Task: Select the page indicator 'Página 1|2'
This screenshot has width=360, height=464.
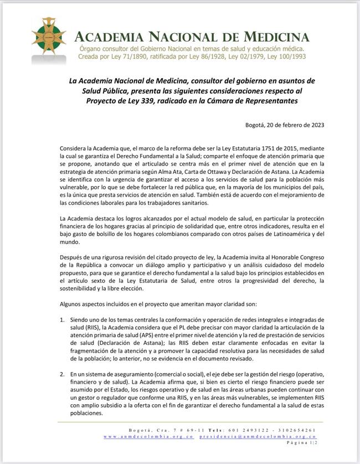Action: click(x=302, y=443)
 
